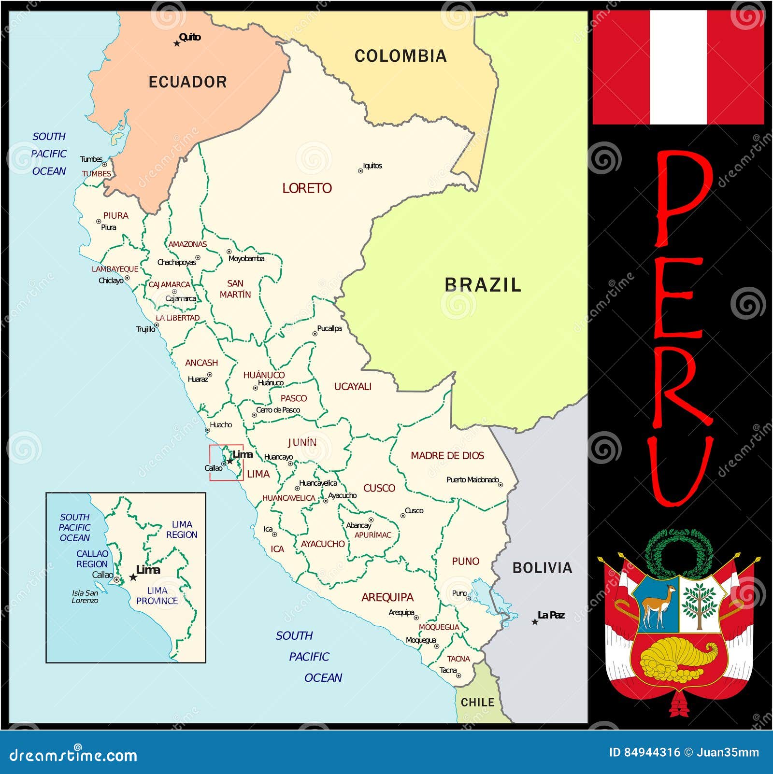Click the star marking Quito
click(177, 43)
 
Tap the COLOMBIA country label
click(401, 56)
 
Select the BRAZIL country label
click(483, 285)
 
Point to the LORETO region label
click(307, 188)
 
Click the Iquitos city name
click(372, 166)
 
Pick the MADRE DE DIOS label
click(447, 455)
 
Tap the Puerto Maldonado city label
click(472, 479)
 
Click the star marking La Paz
click(535, 622)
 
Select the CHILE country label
click(477, 703)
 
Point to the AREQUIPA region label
click(387, 597)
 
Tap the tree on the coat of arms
click(699, 604)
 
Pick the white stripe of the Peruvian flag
click(678, 67)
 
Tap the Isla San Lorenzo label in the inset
click(85, 596)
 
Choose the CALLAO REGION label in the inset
click(92, 559)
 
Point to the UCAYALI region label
click(353, 387)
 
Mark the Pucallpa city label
click(329, 328)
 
